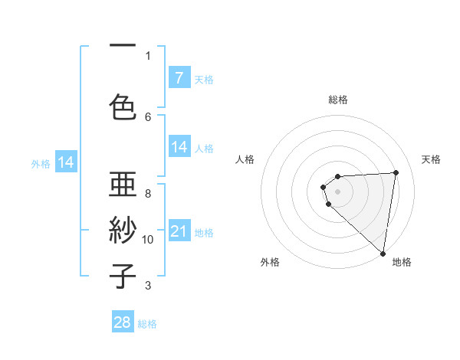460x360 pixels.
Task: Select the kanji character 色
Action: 123,105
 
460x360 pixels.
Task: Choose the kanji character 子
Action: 123,276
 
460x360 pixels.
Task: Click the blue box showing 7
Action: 179,78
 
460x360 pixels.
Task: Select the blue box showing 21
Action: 179,231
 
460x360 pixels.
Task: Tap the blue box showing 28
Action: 123,322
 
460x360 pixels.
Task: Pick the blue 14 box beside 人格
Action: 179,147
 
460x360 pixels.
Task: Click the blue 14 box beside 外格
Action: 66,162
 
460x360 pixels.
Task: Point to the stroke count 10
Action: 148,240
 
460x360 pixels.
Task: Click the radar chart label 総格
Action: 338,100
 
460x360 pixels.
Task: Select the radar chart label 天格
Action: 432,159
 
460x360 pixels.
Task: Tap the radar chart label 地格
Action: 402,262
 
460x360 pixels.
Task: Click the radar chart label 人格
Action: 245,159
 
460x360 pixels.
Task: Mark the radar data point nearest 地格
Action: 383,253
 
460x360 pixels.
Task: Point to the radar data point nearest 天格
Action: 396,172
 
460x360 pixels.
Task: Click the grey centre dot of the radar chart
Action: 337,190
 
